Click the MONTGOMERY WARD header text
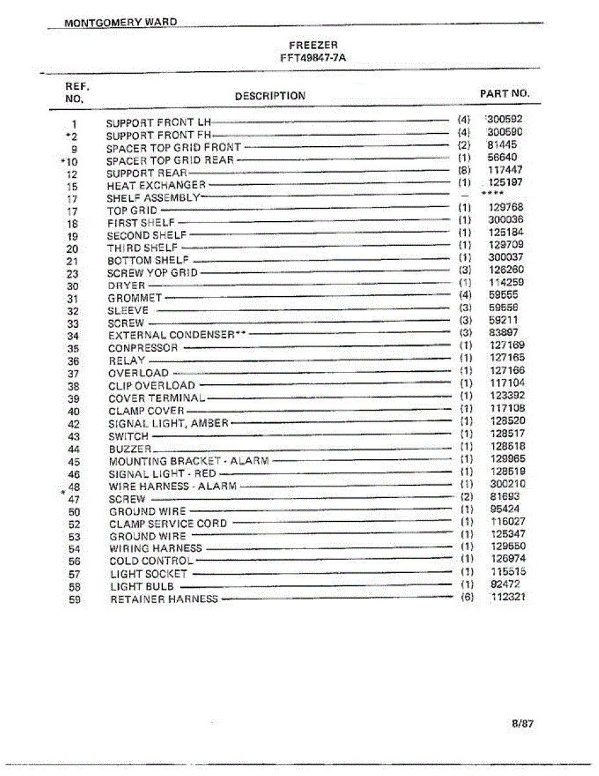tap(120, 22)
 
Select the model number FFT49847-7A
tap(313, 57)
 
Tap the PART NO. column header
tap(505, 93)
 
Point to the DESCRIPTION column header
tap(270, 96)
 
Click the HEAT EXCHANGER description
tap(156, 186)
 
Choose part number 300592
tap(505, 119)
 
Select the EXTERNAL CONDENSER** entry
tap(178, 335)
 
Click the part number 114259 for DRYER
tap(506, 282)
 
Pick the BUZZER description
tap(130, 449)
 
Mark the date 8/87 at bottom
tap(522, 724)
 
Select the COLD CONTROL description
tap(151, 561)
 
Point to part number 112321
tap(508, 597)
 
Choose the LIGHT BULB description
tap(142, 587)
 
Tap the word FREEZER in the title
tap(313, 45)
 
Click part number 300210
tap(507, 484)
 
